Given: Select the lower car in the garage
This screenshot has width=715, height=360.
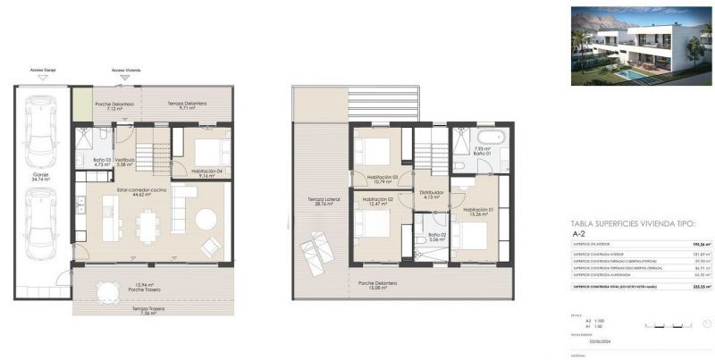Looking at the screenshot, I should [x=41, y=223].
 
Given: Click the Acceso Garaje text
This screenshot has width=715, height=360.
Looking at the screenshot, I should [x=43, y=68].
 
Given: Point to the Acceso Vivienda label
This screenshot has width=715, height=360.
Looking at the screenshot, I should [x=125, y=68].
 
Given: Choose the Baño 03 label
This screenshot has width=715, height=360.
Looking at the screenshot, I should [x=102, y=162].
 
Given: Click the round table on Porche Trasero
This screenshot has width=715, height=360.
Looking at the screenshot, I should [x=108, y=290].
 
